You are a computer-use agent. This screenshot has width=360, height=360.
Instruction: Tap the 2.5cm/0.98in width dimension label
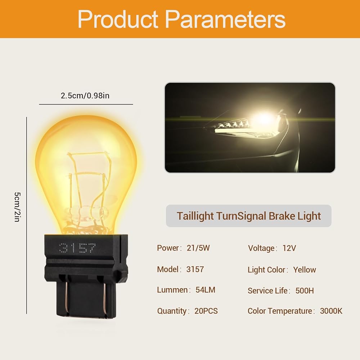point(85,95)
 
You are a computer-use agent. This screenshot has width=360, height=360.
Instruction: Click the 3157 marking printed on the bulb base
point(77,248)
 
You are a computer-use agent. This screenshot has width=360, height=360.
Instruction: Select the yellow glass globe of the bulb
point(86,175)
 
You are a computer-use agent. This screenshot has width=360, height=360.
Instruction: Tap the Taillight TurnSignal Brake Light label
point(249,216)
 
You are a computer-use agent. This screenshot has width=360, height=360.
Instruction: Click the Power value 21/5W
point(198,248)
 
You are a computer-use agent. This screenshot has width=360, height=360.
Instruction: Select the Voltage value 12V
point(289,248)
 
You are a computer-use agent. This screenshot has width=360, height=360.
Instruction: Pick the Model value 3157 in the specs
point(195,269)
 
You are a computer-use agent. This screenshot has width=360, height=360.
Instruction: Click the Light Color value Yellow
point(305,270)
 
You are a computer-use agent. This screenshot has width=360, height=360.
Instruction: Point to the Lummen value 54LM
point(205,290)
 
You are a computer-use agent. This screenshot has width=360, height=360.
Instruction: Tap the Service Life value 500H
point(305,291)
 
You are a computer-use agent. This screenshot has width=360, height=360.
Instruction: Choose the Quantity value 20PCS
point(206,311)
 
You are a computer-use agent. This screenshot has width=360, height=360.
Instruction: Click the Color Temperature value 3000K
point(331,311)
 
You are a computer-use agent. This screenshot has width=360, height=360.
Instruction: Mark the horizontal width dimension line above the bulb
point(86,104)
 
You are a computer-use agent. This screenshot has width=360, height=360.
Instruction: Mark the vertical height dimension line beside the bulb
point(27,215)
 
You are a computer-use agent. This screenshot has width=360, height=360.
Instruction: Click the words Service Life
point(267,291)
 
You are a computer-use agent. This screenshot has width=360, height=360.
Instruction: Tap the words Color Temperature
point(280,311)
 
